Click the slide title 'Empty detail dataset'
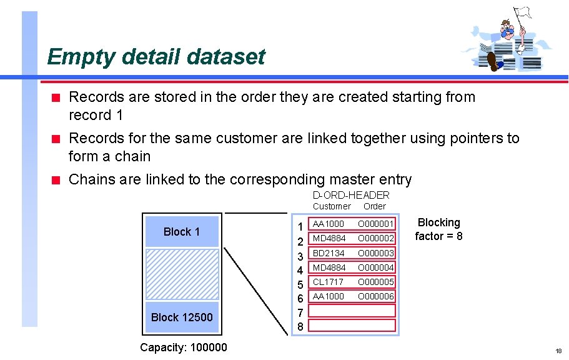click(x=156, y=57)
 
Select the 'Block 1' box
click(x=182, y=232)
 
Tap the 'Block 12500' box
click(x=182, y=317)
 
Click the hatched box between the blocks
click(x=182, y=274)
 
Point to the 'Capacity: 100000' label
click(x=184, y=347)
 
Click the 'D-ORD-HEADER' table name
click(x=350, y=195)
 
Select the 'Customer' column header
click(x=332, y=206)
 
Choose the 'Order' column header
click(x=375, y=206)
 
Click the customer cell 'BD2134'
click(x=329, y=253)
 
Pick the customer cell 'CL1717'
click(x=328, y=282)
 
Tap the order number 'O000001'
click(x=376, y=224)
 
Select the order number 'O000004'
click(x=376, y=267)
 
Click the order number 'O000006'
click(x=376, y=296)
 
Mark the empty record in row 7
click(x=353, y=311)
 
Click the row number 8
click(x=300, y=326)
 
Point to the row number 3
click(x=300, y=256)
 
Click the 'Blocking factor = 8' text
click(x=439, y=229)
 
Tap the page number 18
click(x=558, y=351)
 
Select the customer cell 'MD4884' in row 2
click(x=329, y=238)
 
